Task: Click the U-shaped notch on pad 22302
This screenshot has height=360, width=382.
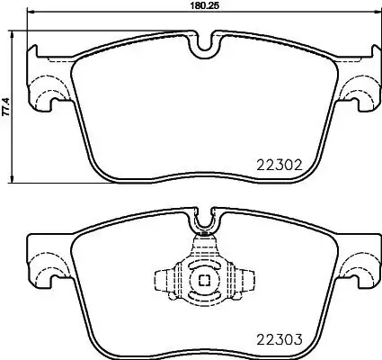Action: [x=204, y=43]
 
